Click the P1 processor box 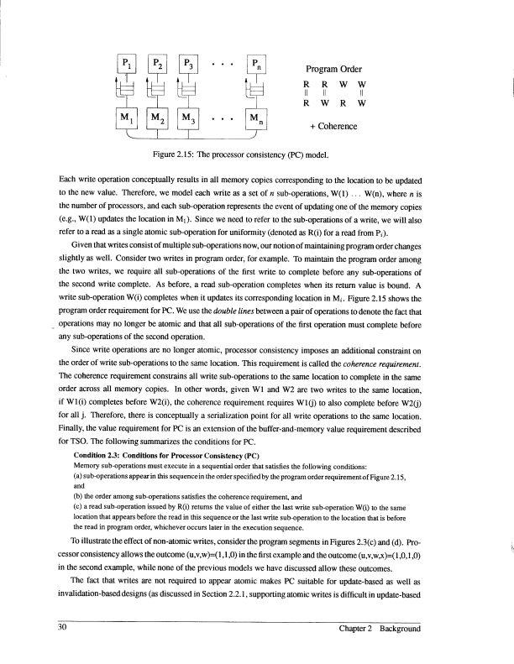(x=126, y=64)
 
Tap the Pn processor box (x=255, y=64)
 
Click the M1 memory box (x=126, y=118)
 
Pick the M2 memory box (x=159, y=118)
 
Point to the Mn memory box (x=255, y=118)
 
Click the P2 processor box (x=159, y=64)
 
